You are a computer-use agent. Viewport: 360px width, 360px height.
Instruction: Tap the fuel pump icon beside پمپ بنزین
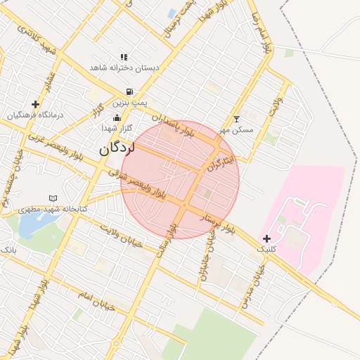(x=130, y=91)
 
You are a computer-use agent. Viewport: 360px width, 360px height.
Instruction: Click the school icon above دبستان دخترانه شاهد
(x=124, y=57)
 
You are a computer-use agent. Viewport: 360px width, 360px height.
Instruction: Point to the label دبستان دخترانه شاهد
(x=124, y=67)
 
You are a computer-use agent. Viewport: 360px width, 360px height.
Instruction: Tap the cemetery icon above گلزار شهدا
(x=116, y=117)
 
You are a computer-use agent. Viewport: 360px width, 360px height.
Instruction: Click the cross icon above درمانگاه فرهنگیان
(x=35, y=104)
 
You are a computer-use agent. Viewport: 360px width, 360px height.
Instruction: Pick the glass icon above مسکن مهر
(x=236, y=120)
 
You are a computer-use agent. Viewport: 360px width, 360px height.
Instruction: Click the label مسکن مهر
(x=236, y=130)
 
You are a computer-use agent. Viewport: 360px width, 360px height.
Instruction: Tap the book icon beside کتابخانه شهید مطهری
(x=53, y=199)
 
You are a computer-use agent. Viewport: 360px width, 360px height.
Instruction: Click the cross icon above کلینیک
(x=266, y=238)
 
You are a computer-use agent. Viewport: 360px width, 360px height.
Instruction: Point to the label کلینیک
(x=266, y=249)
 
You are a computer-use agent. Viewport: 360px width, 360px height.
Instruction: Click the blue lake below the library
(x=30, y=225)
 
